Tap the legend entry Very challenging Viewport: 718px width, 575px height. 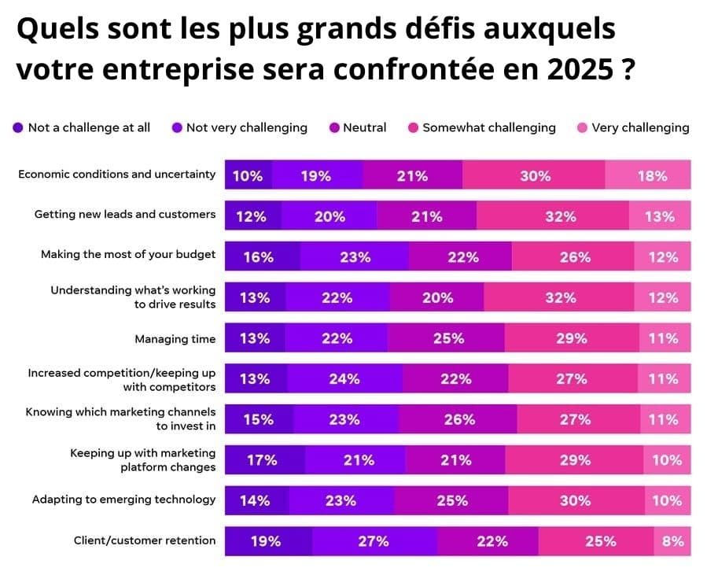tap(640, 127)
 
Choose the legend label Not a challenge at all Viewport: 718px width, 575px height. tap(89, 127)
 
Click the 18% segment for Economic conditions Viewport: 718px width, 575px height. tap(652, 176)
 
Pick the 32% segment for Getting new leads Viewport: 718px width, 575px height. tap(560, 216)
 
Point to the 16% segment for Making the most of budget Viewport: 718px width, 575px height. tap(258, 257)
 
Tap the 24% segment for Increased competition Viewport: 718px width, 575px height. tap(344, 379)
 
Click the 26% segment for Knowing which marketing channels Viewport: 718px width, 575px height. tap(459, 420)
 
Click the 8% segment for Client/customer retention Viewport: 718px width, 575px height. tap(672, 541)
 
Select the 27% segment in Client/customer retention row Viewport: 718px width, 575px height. tap(373, 541)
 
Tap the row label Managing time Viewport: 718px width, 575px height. tap(175, 339)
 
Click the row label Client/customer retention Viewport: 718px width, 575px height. tap(145, 540)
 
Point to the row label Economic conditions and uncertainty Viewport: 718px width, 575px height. tap(116, 175)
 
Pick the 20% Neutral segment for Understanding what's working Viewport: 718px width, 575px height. tap(437, 298)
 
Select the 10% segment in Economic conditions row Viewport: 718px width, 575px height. tap(248, 176)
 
